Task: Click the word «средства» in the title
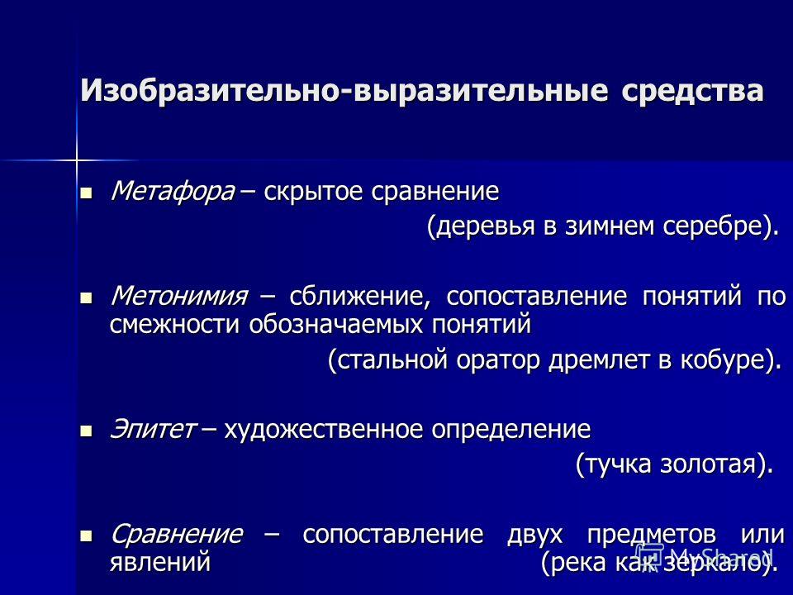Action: click(x=692, y=91)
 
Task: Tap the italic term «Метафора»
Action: click(x=173, y=191)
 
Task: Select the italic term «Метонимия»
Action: click(x=179, y=296)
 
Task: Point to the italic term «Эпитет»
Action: click(x=153, y=430)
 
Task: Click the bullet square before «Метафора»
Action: click(x=87, y=193)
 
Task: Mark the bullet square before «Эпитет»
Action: click(x=87, y=431)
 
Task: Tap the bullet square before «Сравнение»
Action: click(x=87, y=536)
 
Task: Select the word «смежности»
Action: click(x=174, y=324)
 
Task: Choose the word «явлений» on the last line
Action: click(x=159, y=562)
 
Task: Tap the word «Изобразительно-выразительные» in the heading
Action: click(x=344, y=91)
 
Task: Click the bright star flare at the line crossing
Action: click(x=76, y=161)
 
